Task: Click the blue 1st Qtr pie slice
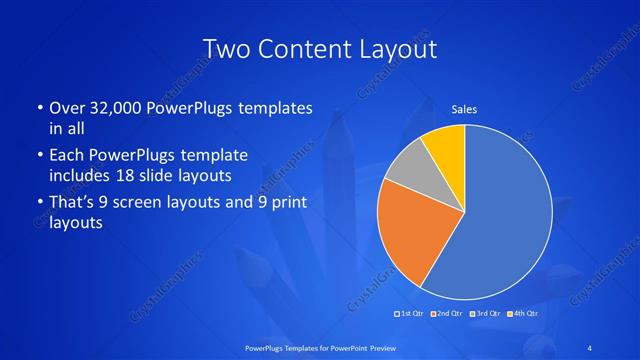pyautogui.click(x=500, y=220)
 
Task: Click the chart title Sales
pyautogui.click(x=464, y=107)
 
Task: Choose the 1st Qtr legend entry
pyautogui.click(x=412, y=314)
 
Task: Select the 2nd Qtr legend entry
pyautogui.click(x=447, y=314)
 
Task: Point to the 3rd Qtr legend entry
pyautogui.click(x=483, y=314)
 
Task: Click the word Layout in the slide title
pyautogui.click(x=401, y=49)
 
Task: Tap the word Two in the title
pyautogui.click(x=225, y=49)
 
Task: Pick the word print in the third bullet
pyautogui.click(x=284, y=203)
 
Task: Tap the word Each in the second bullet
pyautogui.click(x=68, y=155)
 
